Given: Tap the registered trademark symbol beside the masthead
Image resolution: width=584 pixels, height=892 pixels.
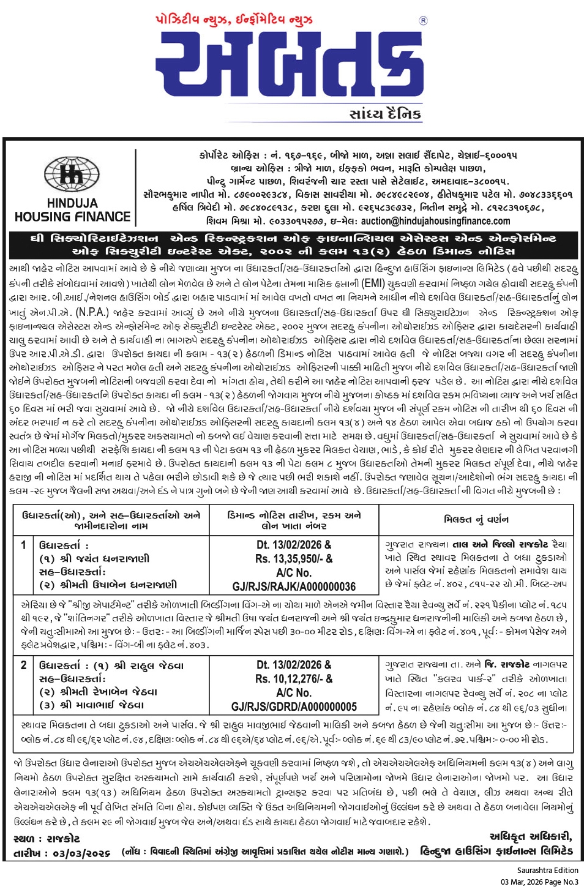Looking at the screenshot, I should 423,21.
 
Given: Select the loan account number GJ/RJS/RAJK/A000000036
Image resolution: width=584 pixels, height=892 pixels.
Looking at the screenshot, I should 294,587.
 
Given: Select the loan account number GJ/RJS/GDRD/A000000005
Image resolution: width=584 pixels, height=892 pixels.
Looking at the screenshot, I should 294,706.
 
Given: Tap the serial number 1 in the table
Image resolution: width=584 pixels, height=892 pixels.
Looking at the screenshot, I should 23,544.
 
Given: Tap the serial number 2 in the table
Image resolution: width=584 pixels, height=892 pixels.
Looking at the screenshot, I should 23,665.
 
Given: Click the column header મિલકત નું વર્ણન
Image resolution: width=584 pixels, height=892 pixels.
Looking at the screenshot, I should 476,519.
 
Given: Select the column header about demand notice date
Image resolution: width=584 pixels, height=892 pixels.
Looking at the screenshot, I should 294,520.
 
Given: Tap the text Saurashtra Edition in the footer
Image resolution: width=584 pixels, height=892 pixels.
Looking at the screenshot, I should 547,870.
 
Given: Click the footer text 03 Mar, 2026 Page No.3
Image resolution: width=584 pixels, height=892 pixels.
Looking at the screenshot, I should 539,882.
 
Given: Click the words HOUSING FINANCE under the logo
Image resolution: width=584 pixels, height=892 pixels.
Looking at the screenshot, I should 72,217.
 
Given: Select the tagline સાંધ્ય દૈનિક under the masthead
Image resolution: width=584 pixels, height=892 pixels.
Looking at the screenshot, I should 385,114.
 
